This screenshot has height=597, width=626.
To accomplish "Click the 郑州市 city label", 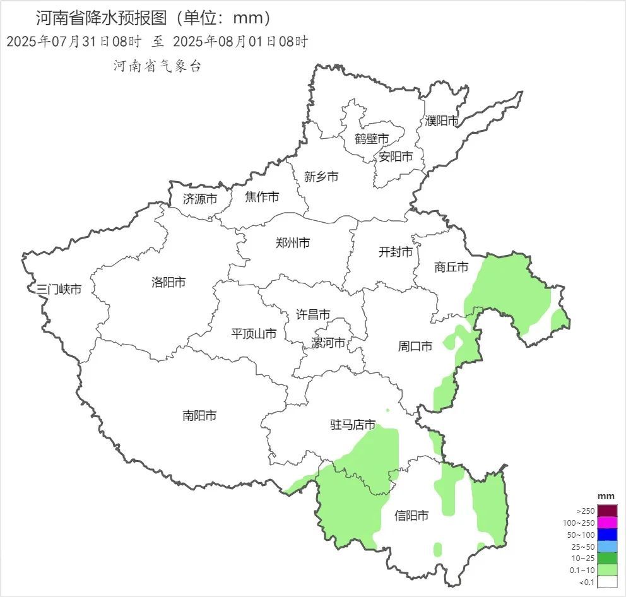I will (293, 242).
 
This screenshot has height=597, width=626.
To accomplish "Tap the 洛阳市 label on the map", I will (168, 282).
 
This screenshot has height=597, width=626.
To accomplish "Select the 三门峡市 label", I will (59, 290).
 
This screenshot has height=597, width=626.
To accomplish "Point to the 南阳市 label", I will (199, 415).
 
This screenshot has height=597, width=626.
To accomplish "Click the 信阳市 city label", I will (411, 516).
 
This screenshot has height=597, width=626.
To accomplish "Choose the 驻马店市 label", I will (353, 425).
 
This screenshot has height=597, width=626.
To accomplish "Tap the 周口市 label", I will (415, 346).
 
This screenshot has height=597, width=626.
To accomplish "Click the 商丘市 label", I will (451, 267).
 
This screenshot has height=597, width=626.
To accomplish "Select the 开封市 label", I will (396, 252).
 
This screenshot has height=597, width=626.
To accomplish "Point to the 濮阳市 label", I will (442, 120).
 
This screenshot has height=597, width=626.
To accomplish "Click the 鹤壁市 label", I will (371, 138).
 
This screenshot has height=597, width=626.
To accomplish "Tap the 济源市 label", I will (200, 198).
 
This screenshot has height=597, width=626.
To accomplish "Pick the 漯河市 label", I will (328, 343).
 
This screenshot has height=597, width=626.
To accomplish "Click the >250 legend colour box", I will (607, 511).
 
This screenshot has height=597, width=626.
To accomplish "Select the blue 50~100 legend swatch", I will (607, 535).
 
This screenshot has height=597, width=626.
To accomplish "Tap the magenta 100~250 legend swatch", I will (607, 523).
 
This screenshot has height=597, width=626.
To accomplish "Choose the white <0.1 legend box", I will (607, 582).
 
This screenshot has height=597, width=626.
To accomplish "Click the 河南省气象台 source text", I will (157, 66).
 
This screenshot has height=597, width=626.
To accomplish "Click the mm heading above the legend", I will (606, 496).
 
